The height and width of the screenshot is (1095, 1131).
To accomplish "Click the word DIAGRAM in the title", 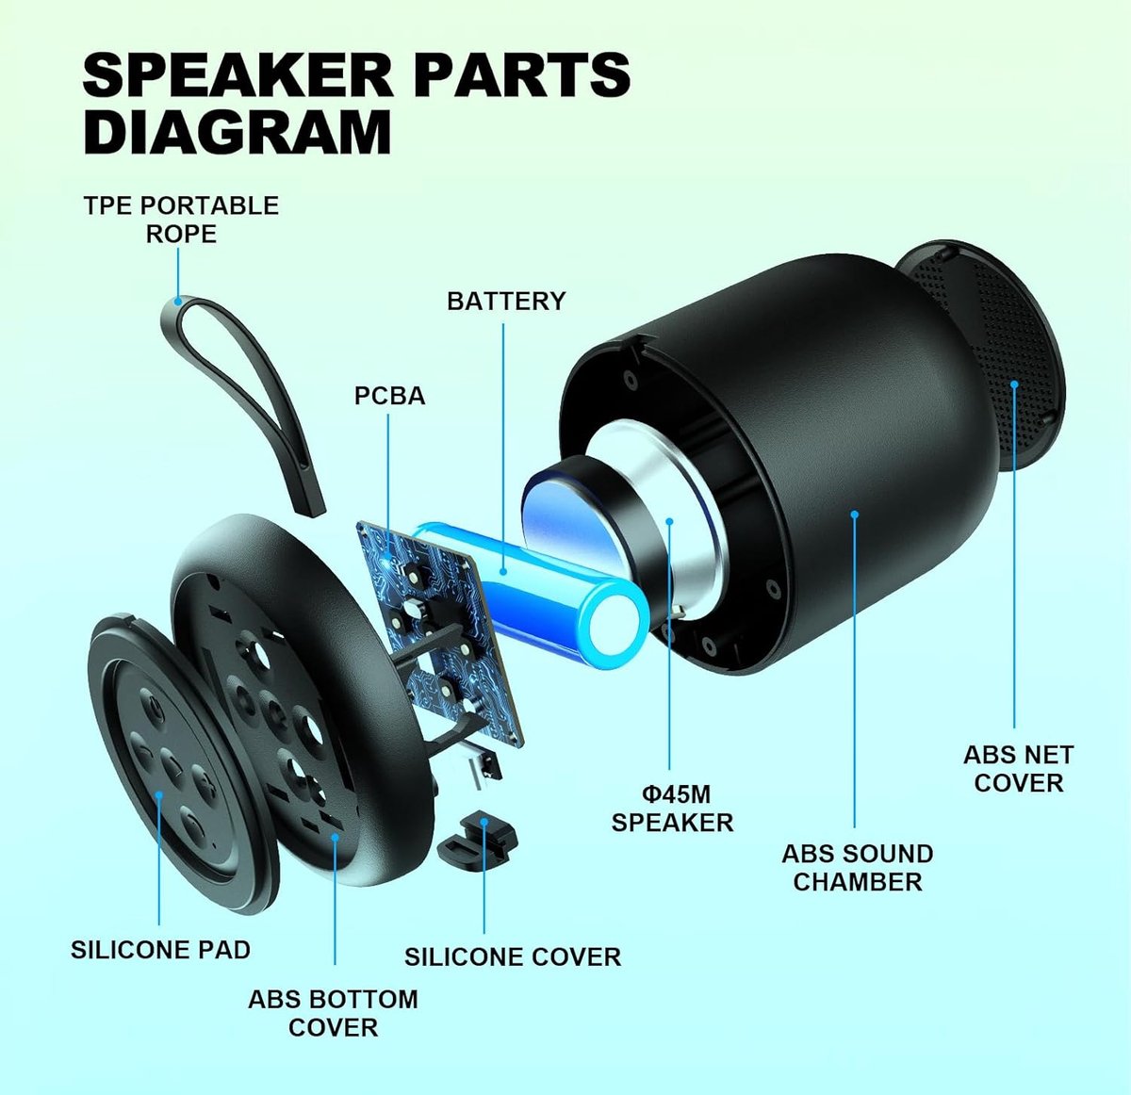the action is (x=238, y=132).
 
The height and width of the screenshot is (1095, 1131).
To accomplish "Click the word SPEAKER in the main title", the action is (x=238, y=74).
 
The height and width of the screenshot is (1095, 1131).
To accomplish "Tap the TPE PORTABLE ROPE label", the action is (x=181, y=220).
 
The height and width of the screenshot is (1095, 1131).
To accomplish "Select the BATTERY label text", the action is (x=506, y=301).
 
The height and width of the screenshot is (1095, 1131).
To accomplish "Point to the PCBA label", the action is (x=390, y=397).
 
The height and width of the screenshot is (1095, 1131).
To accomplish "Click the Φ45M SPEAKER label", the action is (x=672, y=809).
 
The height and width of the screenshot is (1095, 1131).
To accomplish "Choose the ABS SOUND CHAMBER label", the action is (x=858, y=868).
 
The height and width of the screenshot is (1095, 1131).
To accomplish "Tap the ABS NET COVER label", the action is (x=1018, y=769).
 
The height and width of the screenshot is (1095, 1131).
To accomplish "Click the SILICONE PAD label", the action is (x=161, y=950).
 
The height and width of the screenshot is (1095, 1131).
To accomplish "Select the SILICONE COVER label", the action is (x=513, y=957).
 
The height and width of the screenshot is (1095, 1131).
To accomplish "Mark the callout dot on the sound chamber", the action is (x=854, y=514).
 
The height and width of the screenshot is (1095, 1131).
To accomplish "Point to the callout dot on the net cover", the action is (x=1014, y=384).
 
